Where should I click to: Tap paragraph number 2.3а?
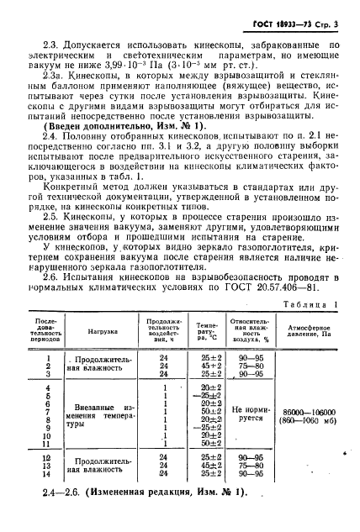point(59,73)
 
